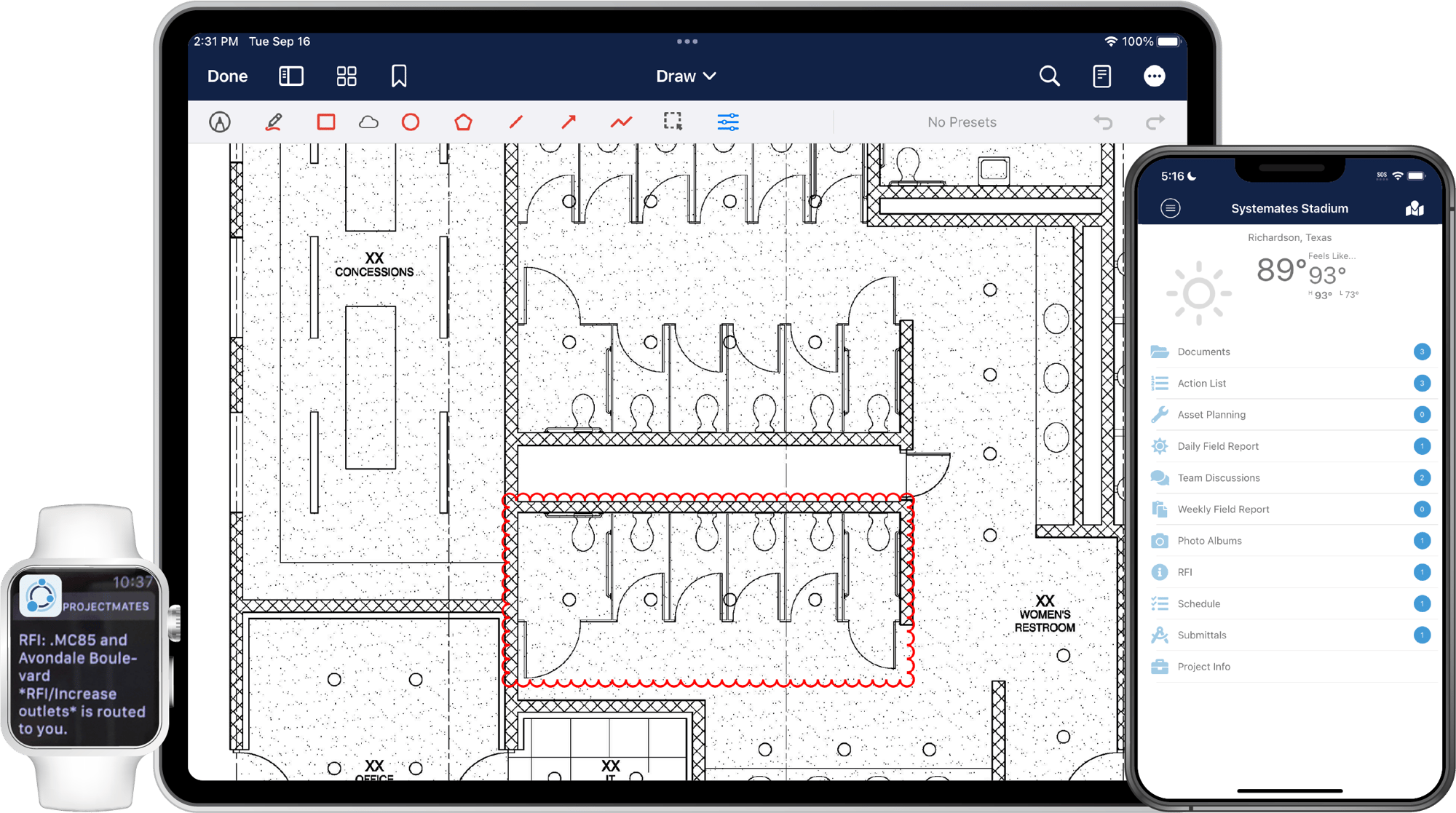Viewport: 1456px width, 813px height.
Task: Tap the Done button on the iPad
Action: pyautogui.click(x=227, y=76)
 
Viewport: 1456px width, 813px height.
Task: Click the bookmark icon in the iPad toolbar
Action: pyautogui.click(x=399, y=76)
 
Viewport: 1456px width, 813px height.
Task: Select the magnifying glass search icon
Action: pyautogui.click(x=1049, y=76)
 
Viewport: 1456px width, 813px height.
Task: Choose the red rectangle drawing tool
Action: pyautogui.click(x=326, y=122)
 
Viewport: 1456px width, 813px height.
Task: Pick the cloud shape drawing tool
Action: pyautogui.click(x=368, y=122)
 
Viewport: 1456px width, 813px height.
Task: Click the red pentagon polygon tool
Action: pyautogui.click(x=463, y=122)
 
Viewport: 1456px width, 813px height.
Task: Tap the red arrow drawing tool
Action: pyautogui.click(x=569, y=122)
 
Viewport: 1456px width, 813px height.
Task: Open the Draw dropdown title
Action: pyautogui.click(x=686, y=76)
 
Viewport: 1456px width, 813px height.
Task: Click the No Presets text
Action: pyautogui.click(x=962, y=122)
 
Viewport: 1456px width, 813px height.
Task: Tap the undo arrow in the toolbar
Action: pyautogui.click(x=1103, y=122)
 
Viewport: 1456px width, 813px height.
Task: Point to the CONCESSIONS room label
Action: pyautogui.click(x=374, y=271)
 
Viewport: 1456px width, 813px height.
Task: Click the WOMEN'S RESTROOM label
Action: pyautogui.click(x=1045, y=621)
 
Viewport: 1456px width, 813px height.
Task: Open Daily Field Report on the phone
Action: pyautogui.click(x=1218, y=446)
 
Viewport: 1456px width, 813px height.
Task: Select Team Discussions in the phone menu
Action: pyautogui.click(x=1219, y=477)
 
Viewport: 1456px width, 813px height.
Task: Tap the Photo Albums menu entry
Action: pyautogui.click(x=1209, y=541)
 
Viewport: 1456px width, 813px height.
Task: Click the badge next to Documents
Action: pyautogui.click(x=1422, y=352)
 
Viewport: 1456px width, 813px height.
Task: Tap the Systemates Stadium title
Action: pyautogui.click(x=1289, y=208)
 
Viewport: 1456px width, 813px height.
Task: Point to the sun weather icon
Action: pyautogui.click(x=1198, y=293)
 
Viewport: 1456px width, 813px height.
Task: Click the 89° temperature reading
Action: pyautogui.click(x=1281, y=270)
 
